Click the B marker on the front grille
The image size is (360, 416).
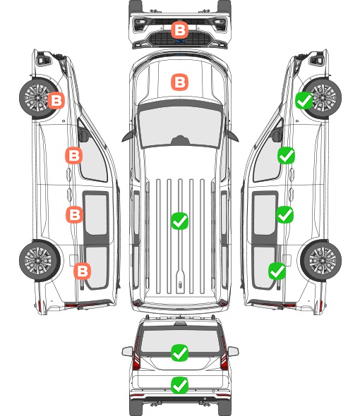tap(179, 30)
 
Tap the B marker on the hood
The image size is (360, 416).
tap(179, 82)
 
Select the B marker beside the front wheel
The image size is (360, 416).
tap(56, 101)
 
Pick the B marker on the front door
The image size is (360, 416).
tap(74, 155)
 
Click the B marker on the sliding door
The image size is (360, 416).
tap(74, 214)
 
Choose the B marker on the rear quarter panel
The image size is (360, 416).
tap(82, 271)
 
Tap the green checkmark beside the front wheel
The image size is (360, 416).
tap(304, 101)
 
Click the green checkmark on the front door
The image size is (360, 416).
tap(286, 155)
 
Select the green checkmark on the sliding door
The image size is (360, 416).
tap(284, 214)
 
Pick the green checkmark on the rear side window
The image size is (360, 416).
tap(277, 271)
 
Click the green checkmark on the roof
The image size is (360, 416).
tap(179, 221)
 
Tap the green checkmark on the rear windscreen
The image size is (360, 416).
tap(180, 353)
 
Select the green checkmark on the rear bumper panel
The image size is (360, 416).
tap(180, 385)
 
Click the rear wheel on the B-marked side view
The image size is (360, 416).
tap(40, 261)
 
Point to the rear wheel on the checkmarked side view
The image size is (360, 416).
tap(320, 261)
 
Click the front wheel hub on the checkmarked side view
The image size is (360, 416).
tap(323, 97)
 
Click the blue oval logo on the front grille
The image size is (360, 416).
tap(179, 41)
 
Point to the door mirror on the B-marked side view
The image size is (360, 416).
tap(83, 135)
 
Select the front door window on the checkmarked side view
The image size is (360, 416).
tap(268, 159)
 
